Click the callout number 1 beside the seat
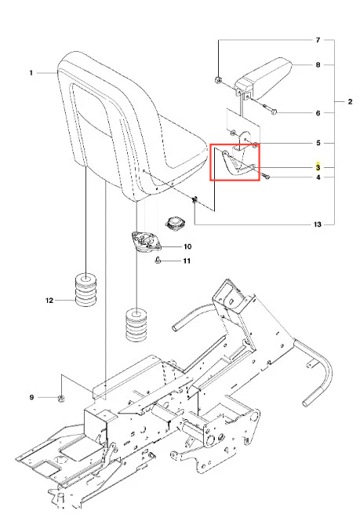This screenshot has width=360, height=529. click(x=31, y=72)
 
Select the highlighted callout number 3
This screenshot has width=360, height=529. click(x=318, y=167)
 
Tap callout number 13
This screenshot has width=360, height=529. click(x=318, y=224)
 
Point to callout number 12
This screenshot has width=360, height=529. click(x=49, y=301)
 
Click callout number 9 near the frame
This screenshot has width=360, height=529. click(x=31, y=397)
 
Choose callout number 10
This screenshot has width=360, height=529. click(x=187, y=246)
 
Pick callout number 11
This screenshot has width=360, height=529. click(x=187, y=261)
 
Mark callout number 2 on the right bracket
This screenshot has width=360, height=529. click(x=350, y=101)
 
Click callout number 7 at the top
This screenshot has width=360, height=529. click(x=318, y=40)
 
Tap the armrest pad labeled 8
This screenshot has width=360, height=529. click(x=264, y=78)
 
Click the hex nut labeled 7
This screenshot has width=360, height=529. click(x=218, y=80)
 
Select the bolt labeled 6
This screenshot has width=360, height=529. click(x=269, y=109)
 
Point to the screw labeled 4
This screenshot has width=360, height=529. click(x=264, y=176)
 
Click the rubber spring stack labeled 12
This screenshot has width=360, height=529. click(x=86, y=290)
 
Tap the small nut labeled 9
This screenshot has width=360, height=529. click(x=62, y=399)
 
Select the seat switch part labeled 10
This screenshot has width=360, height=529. click(x=146, y=243)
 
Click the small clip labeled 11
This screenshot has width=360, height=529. click(x=158, y=261)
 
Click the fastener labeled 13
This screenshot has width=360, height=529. click(x=195, y=201)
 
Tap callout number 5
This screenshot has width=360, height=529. click(x=318, y=143)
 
